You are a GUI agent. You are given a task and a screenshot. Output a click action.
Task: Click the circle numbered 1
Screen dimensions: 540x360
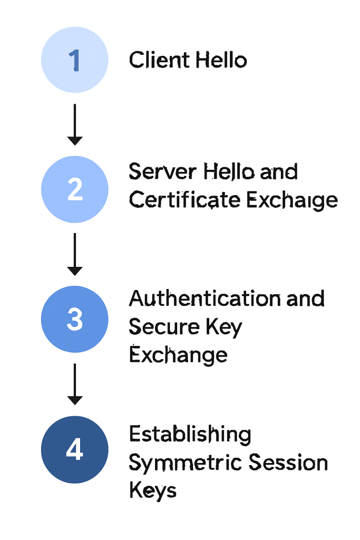pyautogui.click(x=74, y=60)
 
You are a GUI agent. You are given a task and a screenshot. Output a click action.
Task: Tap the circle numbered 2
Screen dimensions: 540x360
pyautogui.click(x=74, y=189)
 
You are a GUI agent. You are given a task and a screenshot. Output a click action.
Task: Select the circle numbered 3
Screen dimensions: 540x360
pyautogui.click(x=74, y=319)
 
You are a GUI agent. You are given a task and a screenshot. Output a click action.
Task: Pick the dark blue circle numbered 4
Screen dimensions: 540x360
pyautogui.click(x=74, y=449)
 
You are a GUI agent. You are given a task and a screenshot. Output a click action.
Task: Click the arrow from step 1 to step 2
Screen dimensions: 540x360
pyautogui.click(x=75, y=124)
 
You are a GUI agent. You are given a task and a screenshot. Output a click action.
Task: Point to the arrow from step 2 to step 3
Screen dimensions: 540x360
pyautogui.click(x=75, y=254)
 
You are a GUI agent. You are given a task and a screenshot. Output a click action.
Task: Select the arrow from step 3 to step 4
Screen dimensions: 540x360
pyautogui.click(x=75, y=384)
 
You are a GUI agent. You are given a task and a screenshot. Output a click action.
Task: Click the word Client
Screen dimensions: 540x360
pyautogui.click(x=159, y=60)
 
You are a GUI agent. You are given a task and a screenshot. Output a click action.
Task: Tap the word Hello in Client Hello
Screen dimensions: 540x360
pyautogui.click(x=221, y=60)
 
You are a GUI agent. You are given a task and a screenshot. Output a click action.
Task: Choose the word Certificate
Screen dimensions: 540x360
pyautogui.click(x=185, y=200)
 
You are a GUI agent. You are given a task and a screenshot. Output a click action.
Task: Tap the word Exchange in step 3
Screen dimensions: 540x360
pyautogui.click(x=178, y=355)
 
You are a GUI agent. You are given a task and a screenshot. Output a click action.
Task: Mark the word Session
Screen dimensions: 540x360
pyautogui.click(x=288, y=463)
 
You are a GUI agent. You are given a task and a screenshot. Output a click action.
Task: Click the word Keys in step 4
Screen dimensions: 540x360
pyautogui.click(x=152, y=491)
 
